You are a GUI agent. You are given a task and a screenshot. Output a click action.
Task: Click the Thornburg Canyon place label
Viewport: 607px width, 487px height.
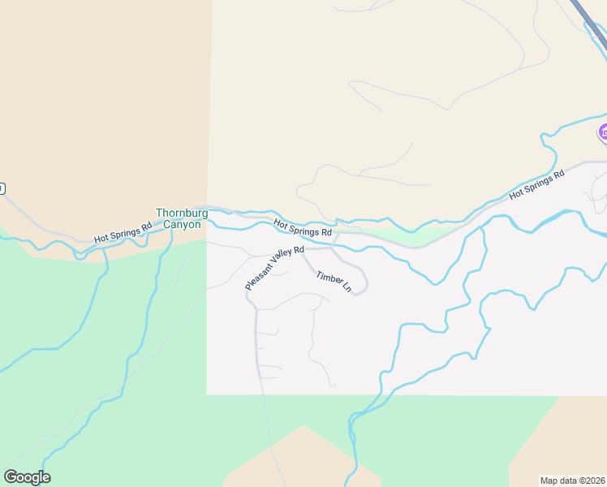(x=182, y=218)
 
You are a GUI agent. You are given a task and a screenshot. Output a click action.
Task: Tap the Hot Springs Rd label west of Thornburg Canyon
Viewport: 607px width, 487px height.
(x=123, y=234)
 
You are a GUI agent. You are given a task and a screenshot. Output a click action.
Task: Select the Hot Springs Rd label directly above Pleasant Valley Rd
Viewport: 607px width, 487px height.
(x=303, y=227)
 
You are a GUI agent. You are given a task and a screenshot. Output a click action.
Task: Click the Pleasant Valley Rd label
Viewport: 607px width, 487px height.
(x=274, y=269)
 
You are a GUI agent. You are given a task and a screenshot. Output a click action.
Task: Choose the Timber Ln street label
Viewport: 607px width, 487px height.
(x=334, y=282)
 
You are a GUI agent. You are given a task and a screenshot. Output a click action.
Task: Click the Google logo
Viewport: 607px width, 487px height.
(x=27, y=477)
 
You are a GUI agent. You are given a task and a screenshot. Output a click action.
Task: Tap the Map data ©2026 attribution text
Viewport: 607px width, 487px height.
(x=572, y=480)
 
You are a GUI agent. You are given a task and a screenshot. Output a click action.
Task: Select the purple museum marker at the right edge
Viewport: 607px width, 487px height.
(x=603, y=131)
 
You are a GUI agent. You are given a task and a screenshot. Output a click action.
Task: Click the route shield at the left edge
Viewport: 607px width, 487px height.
(x=2, y=188)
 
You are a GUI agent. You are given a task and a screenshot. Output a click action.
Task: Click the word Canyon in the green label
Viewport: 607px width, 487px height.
(x=182, y=224)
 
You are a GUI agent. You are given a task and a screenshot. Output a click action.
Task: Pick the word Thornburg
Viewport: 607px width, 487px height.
(x=182, y=213)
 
